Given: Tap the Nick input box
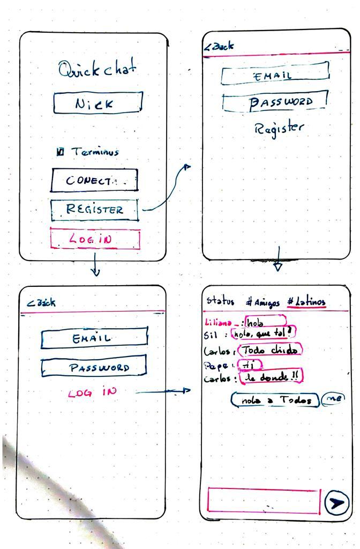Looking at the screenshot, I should click(x=97, y=103).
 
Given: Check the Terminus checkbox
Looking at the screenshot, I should click(x=61, y=152).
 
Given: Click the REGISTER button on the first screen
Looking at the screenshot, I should click(x=94, y=210).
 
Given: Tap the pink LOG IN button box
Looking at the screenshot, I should click(x=95, y=240).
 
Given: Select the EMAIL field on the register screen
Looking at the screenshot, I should click(x=274, y=74).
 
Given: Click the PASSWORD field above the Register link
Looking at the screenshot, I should click(x=274, y=101).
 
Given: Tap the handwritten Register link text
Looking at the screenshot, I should click(x=279, y=129).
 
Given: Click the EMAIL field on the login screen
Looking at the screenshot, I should click(x=94, y=338).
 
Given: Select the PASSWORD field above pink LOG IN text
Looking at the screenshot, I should click(x=94, y=367).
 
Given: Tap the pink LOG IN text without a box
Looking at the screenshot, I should click(x=92, y=392).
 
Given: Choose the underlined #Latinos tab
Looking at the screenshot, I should click(x=306, y=302).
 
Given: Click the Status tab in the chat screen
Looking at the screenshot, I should click(x=220, y=301).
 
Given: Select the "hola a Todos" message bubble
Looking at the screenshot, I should click(x=275, y=400).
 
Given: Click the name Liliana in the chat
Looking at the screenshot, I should click(x=219, y=323).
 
